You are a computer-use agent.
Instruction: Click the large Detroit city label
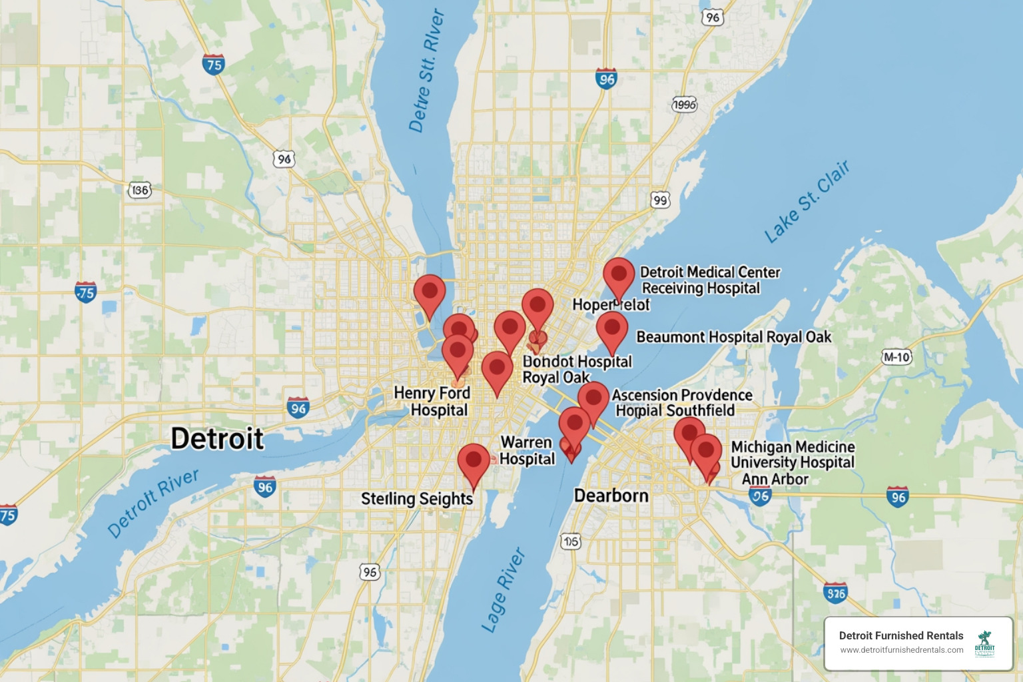(x=217, y=440)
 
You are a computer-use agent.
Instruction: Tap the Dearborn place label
(x=611, y=496)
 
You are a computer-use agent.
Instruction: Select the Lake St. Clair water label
(x=807, y=202)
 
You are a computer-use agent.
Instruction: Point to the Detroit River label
(x=153, y=503)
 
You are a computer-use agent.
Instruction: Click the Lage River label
(x=504, y=590)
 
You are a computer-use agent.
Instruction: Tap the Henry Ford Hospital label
(x=433, y=402)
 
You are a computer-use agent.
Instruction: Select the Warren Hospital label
(x=527, y=451)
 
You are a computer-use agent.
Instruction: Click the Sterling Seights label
(x=417, y=499)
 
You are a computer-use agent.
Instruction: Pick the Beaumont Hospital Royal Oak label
(x=734, y=337)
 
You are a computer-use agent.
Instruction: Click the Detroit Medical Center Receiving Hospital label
(x=709, y=280)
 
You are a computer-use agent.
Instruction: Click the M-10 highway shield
(x=896, y=357)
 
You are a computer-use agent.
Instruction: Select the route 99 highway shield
(x=660, y=200)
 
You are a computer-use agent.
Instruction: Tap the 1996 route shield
(x=684, y=105)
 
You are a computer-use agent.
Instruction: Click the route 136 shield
(x=140, y=190)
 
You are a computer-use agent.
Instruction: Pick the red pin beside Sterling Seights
(x=474, y=461)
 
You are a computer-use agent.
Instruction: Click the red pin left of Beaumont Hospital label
(x=612, y=328)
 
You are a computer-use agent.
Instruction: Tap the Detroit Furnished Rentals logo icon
(x=984, y=643)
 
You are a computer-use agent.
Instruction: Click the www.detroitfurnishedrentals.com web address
(x=901, y=650)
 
